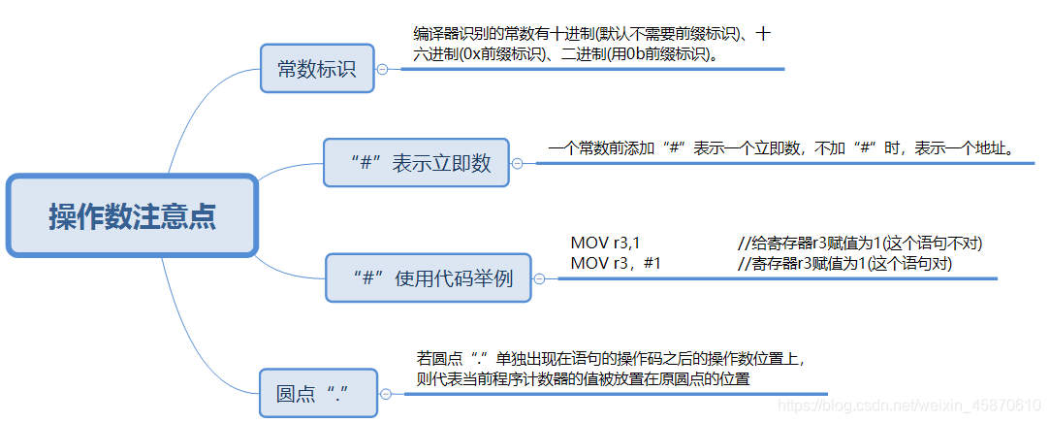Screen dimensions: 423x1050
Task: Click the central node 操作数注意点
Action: tap(133, 216)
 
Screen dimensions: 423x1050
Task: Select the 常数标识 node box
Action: tap(316, 69)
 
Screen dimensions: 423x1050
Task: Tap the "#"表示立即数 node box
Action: tap(420, 163)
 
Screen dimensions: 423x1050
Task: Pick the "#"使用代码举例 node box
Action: tap(429, 278)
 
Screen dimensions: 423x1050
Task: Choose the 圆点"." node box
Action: tap(318, 394)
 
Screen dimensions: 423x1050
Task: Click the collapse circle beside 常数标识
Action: tap(382, 69)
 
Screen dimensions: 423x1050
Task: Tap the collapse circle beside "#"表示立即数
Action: tap(517, 163)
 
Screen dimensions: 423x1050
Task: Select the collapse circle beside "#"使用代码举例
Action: tap(539, 278)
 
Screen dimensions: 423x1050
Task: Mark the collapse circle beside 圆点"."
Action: tap(385, 394)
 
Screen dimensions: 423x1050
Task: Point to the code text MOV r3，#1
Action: tap(616, 263)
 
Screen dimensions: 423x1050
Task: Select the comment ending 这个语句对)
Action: tap(844, 263)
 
